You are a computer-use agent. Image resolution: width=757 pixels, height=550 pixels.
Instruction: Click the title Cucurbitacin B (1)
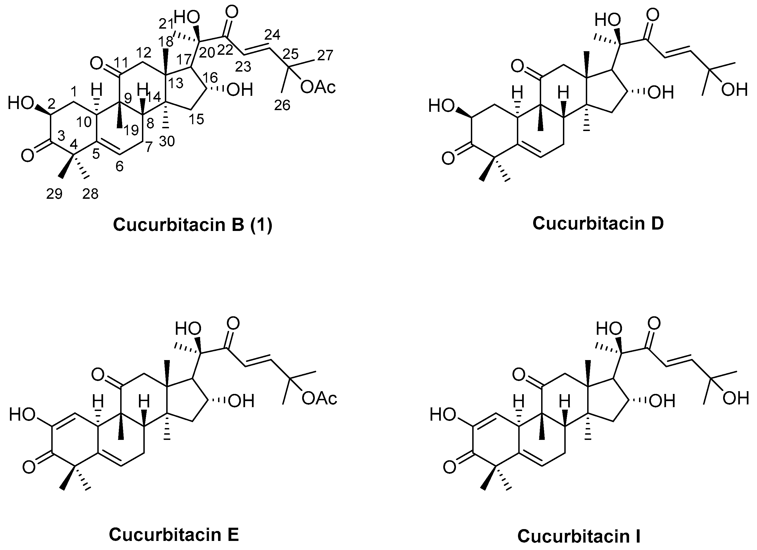193,225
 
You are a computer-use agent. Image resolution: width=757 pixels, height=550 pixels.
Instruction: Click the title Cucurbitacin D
598,223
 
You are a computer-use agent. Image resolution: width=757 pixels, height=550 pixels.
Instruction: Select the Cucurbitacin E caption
174,535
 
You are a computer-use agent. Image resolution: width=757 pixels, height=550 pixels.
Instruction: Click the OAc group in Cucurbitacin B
318,87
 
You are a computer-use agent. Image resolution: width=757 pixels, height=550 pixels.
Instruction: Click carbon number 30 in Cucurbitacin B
167,141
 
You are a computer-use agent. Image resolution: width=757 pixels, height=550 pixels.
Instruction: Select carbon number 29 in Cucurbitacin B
54,194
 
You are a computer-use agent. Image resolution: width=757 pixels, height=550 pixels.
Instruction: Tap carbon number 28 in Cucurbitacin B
90,194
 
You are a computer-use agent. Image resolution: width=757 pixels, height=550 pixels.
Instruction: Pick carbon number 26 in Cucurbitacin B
282,105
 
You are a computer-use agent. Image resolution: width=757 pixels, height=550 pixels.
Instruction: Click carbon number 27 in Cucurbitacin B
325,55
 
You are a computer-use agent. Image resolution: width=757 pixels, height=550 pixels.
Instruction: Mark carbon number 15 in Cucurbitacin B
196,119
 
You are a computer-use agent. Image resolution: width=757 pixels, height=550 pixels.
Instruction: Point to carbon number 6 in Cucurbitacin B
119,166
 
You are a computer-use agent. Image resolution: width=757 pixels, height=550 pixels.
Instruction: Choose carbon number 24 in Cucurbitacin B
272,34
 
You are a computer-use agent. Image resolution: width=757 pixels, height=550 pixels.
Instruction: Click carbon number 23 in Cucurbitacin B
243,67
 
